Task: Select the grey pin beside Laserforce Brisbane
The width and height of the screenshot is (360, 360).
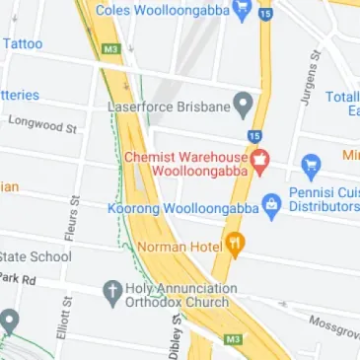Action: click(242, 105)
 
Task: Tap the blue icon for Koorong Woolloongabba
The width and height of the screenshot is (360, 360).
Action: click(271, 206)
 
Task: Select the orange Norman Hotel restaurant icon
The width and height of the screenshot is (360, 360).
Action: click(234, 242)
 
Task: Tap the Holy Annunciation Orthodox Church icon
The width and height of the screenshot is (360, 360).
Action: click(112, 293)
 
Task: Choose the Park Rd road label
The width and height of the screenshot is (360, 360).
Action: click(17, 280)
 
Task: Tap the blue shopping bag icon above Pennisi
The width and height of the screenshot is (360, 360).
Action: click(312, 163)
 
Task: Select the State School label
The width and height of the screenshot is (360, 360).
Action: click(36, 256)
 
